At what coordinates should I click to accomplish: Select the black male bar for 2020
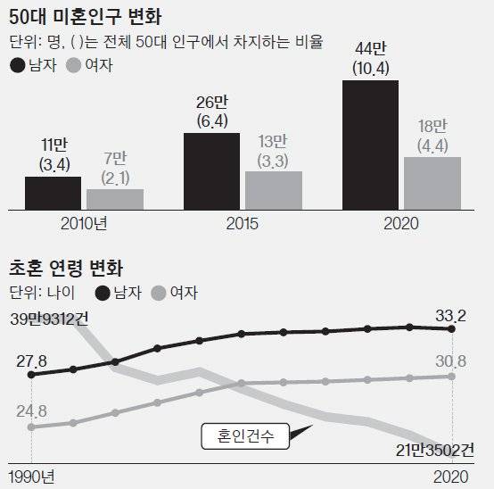pos(371,145)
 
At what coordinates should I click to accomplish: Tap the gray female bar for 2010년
pos(114,199)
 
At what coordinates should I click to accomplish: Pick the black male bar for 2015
pos(211,170)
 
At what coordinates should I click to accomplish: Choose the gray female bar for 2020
pos(432,183)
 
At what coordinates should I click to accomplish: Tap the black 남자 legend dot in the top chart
pos(17,64)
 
